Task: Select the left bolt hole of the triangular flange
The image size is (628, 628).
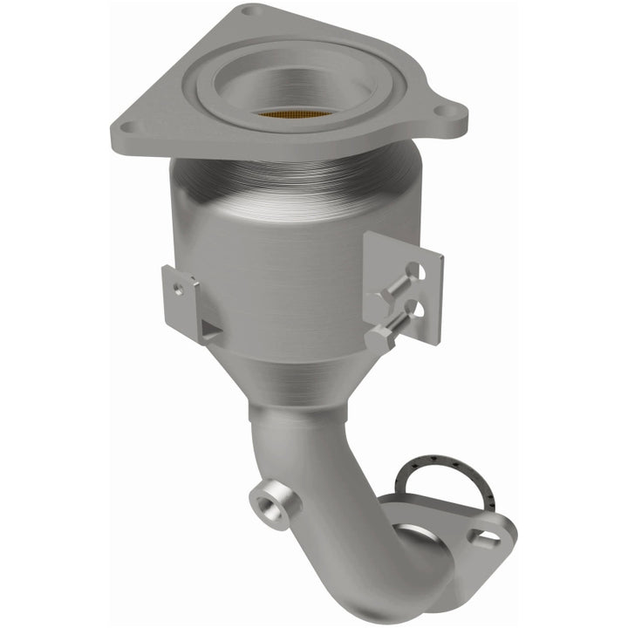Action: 132,126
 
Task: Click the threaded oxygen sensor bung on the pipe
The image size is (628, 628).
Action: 272,503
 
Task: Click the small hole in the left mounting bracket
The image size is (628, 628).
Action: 179,288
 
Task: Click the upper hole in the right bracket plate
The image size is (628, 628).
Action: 420,270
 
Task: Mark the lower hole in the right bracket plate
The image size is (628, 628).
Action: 418,310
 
